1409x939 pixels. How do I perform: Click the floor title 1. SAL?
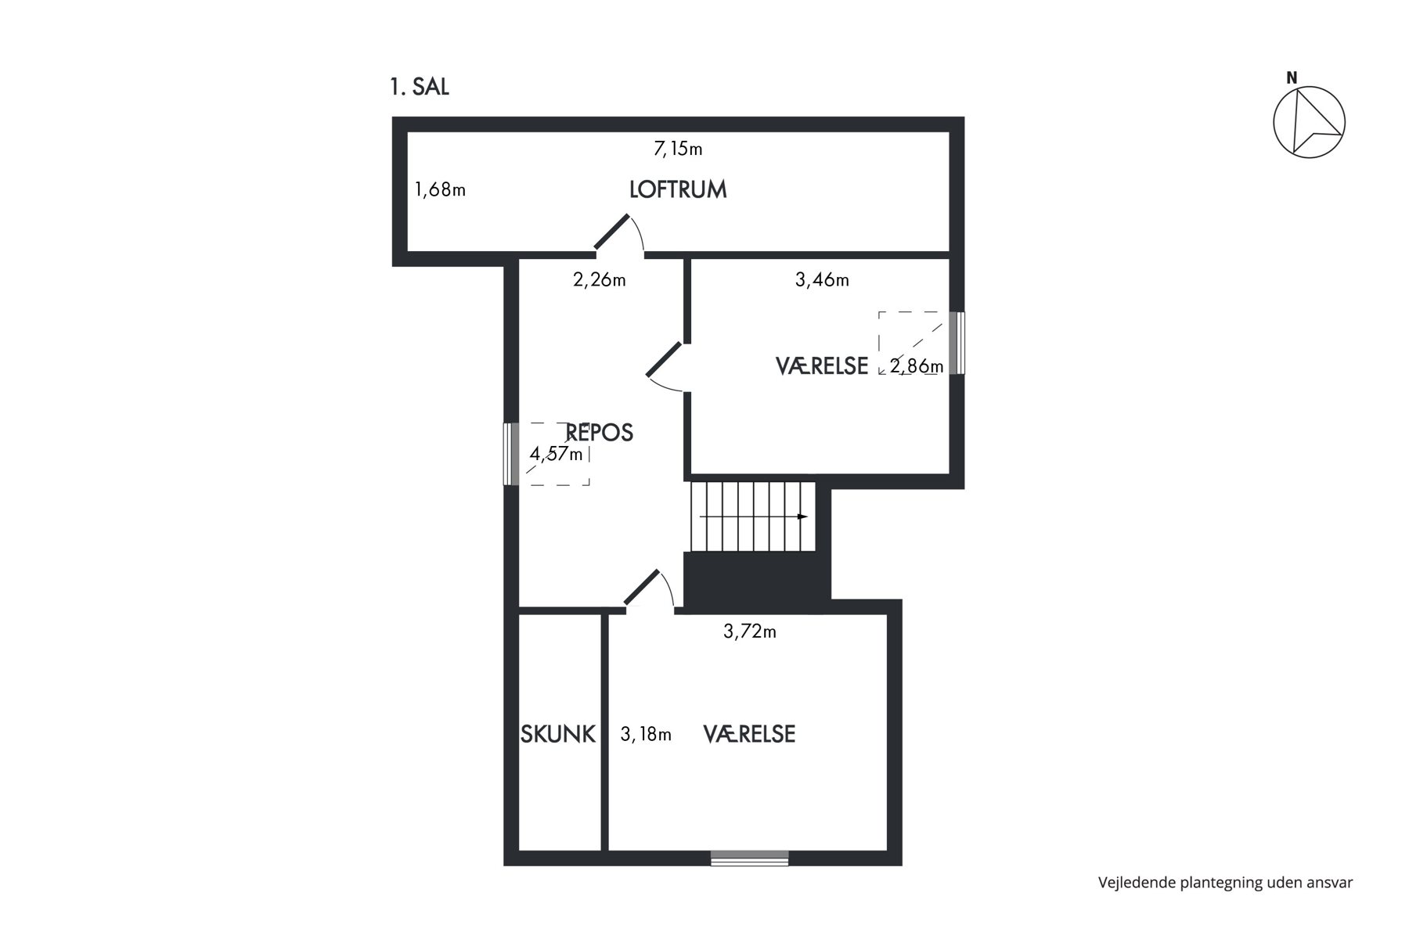point(420,87)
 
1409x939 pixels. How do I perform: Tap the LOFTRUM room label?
point(678,189)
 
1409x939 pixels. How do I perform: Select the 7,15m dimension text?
point(678,148)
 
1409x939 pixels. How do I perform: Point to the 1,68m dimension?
point(440,189)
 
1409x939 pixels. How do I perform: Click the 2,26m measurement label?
point(600,279)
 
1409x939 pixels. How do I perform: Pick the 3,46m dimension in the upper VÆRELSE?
point(822,279)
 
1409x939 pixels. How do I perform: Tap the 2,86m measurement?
point(917,365)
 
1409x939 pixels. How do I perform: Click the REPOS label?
point(599,433)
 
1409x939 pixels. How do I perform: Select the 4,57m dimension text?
point(557,454)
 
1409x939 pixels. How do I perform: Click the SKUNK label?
point(558,734)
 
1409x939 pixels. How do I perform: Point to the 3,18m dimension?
point(646,735)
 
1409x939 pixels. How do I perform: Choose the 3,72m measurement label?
point(750,631)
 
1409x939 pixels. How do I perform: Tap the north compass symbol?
point(1309,121)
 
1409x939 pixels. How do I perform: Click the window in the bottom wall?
point(749,858)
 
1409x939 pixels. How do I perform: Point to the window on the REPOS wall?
point(511,454)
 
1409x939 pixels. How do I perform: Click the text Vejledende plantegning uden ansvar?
point(1225,883)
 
